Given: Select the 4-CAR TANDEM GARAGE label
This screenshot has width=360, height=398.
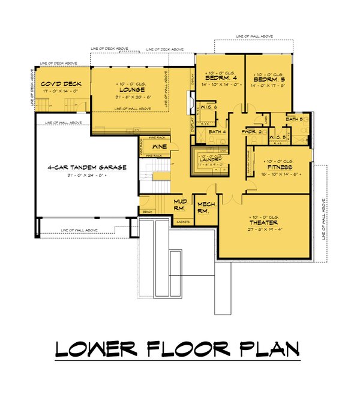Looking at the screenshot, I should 88,167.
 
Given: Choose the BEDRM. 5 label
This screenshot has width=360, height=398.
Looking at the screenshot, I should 268,79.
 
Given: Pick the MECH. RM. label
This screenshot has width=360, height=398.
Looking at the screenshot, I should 206,208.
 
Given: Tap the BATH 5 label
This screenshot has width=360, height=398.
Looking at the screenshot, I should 294,120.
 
